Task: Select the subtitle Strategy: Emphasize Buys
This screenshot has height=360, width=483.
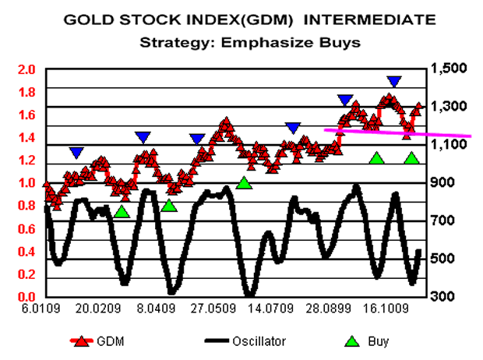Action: click(249, 42)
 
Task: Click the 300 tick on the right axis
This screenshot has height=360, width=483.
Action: click(442, 297)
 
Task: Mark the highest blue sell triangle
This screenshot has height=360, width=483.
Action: click(394, 81)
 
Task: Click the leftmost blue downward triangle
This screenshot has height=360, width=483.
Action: click(76, 153)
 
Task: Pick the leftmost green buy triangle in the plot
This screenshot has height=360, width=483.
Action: click(122, 211)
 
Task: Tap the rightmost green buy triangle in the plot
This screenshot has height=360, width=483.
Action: click(412, 158)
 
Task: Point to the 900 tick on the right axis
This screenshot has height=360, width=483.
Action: click(442, 183)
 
